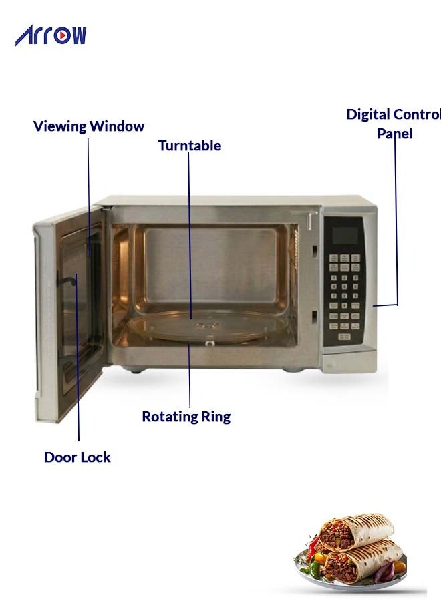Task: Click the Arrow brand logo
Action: point(51,35)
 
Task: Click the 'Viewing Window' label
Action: point(89,126)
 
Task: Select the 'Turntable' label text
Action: point(190,146)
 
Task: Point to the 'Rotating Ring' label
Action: point(186,417)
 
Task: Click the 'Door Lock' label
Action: point(78,457)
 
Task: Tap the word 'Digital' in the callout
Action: point(368,114)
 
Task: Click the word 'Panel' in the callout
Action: point(395,134)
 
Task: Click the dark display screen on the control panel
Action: point(345,235)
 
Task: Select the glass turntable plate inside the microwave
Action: point(208,326)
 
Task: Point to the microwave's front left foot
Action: point(134,369)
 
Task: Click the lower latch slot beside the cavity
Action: point(314,317)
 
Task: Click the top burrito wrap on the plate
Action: point(355,530)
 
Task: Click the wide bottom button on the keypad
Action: point(344,336)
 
